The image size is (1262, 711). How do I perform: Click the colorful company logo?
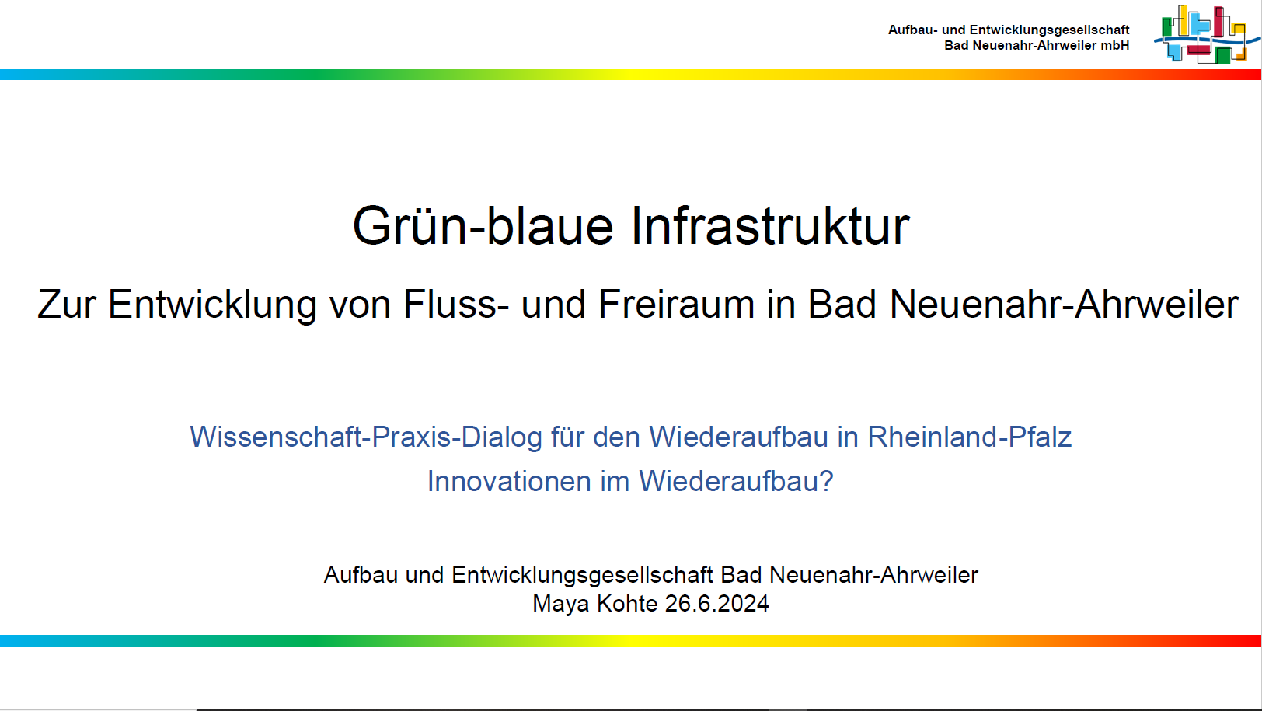(1207, 35)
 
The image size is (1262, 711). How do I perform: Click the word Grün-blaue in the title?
(483, 226)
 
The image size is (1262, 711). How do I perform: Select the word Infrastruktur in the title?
(770, 225)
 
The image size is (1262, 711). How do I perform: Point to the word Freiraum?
(676, 305)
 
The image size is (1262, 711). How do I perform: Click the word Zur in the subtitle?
(67, 305)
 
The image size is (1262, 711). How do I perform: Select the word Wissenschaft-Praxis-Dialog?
(366, 437)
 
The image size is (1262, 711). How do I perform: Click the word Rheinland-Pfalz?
(970, 437)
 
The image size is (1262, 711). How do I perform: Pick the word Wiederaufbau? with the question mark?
(736, 481)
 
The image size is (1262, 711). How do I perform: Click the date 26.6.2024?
(716, 604)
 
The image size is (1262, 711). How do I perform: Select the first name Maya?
(561, 604)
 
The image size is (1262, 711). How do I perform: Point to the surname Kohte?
(627, 604)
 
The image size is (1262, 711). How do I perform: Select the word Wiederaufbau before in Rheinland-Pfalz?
(738, 437)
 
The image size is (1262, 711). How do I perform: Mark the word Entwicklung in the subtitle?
(212, 305)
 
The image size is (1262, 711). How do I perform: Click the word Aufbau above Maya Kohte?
(361, 575)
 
